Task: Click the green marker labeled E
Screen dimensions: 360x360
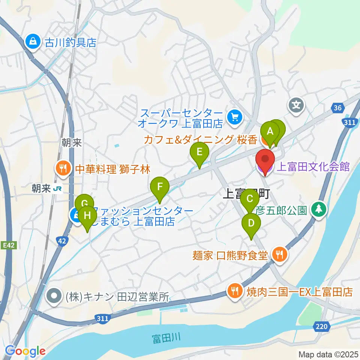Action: click(x=199, y=152)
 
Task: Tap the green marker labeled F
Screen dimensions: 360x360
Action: click(x=160, y=186)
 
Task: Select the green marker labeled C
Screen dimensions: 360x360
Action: click(x=249, y=197)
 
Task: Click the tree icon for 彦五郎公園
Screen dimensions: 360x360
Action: click(x=319, y=209)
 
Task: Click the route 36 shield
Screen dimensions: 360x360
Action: click(x=337, y=108)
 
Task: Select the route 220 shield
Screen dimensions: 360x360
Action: click(x=321, y=327)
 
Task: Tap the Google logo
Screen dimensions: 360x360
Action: click(x=25, y=351)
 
